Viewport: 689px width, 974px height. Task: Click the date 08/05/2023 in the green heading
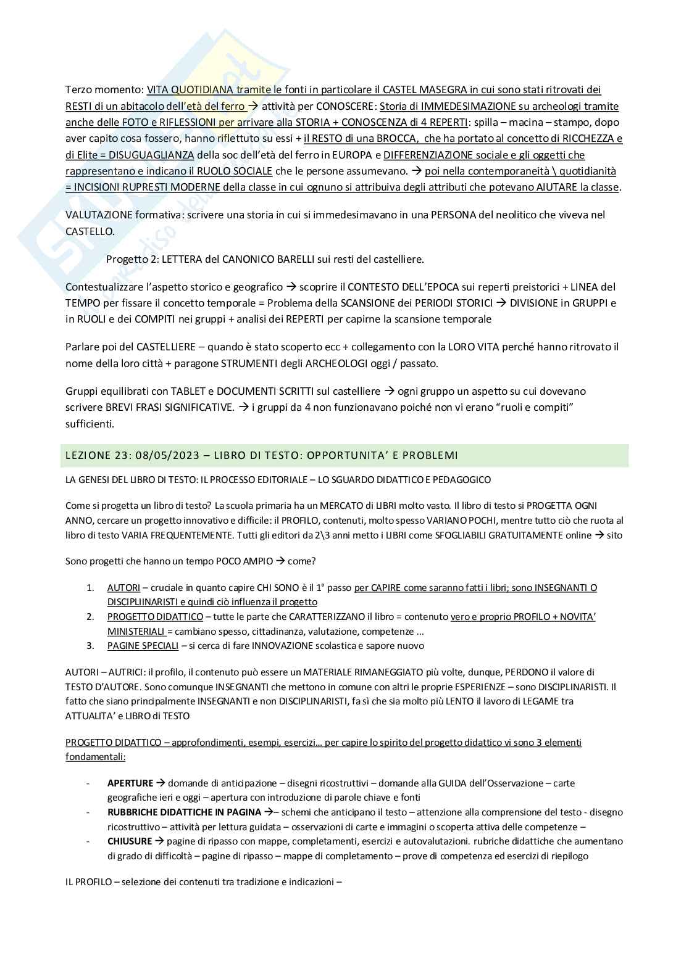[x=172, y=456]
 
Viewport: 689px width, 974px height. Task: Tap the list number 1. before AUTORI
[x=90, y=588]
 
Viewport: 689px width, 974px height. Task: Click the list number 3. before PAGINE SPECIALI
[x=90, y=646]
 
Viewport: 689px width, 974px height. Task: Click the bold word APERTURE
[x=130, y=783]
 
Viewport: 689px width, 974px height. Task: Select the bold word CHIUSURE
[x=129, y=841]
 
